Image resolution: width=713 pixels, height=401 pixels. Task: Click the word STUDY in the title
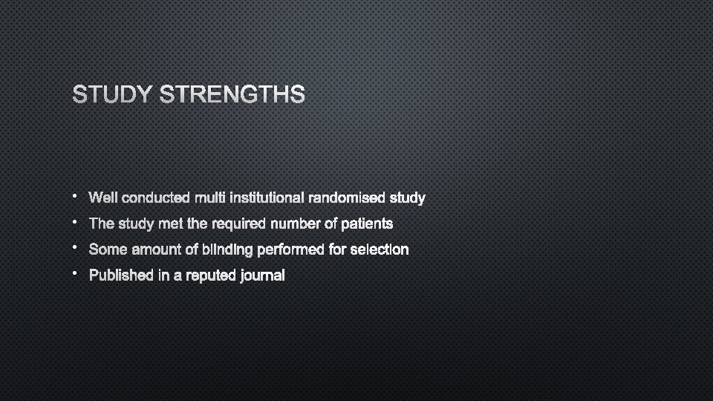[x=112, y=95]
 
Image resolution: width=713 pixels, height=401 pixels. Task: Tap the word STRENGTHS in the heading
[x=232, y=95]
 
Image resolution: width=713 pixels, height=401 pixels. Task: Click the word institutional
[x=267, y=198]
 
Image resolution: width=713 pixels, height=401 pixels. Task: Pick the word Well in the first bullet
[x=102, y=198]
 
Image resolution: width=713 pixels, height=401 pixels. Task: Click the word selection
[x=379, y=250]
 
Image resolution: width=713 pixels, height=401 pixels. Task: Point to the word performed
[x=290, y=250]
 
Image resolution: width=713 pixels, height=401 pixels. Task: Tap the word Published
[x=120, y=276]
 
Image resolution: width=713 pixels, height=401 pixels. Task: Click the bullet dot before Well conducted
[x=75, y=196]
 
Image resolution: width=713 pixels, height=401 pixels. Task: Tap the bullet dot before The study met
[x=75, y=222]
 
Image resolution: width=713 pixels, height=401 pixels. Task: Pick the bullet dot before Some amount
[x=75, y=248]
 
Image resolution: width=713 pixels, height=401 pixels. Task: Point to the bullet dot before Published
[x=75, y=274]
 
